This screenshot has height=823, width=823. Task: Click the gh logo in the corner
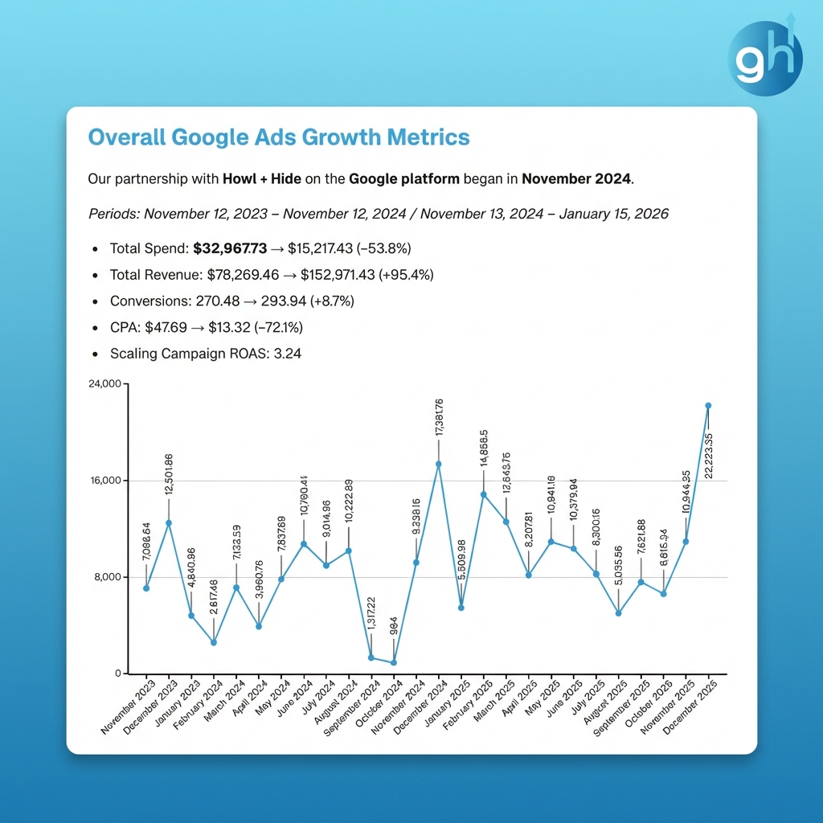click(765, 59)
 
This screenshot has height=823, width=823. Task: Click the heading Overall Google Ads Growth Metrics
click(278, 137)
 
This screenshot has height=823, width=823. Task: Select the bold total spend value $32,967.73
click(230, 248)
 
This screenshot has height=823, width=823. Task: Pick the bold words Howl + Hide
click(261, 178)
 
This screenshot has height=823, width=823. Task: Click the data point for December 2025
click(708, 406)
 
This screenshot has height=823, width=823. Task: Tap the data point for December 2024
click(439, 464)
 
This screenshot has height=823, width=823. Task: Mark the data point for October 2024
click(394, 662)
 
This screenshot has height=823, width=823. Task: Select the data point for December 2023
click(169, 523)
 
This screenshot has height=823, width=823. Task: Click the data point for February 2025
click(484, 494)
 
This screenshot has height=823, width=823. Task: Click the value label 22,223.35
click(708, 455)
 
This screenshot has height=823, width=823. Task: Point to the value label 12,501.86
click(169, 475)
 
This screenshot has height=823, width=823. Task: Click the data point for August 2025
click(618, 613)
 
